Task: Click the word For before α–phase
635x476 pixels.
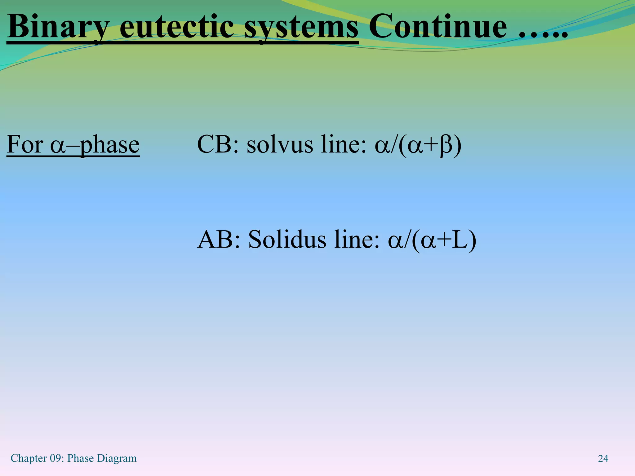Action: click(x=25, y=144)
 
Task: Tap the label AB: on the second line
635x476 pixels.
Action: click(x=219, y=240)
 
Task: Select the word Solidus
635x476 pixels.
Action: click(x=287, y=240)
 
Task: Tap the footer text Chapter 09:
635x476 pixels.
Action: click(x=38, y=458)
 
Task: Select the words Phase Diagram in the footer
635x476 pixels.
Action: click(x=102, y=458)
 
